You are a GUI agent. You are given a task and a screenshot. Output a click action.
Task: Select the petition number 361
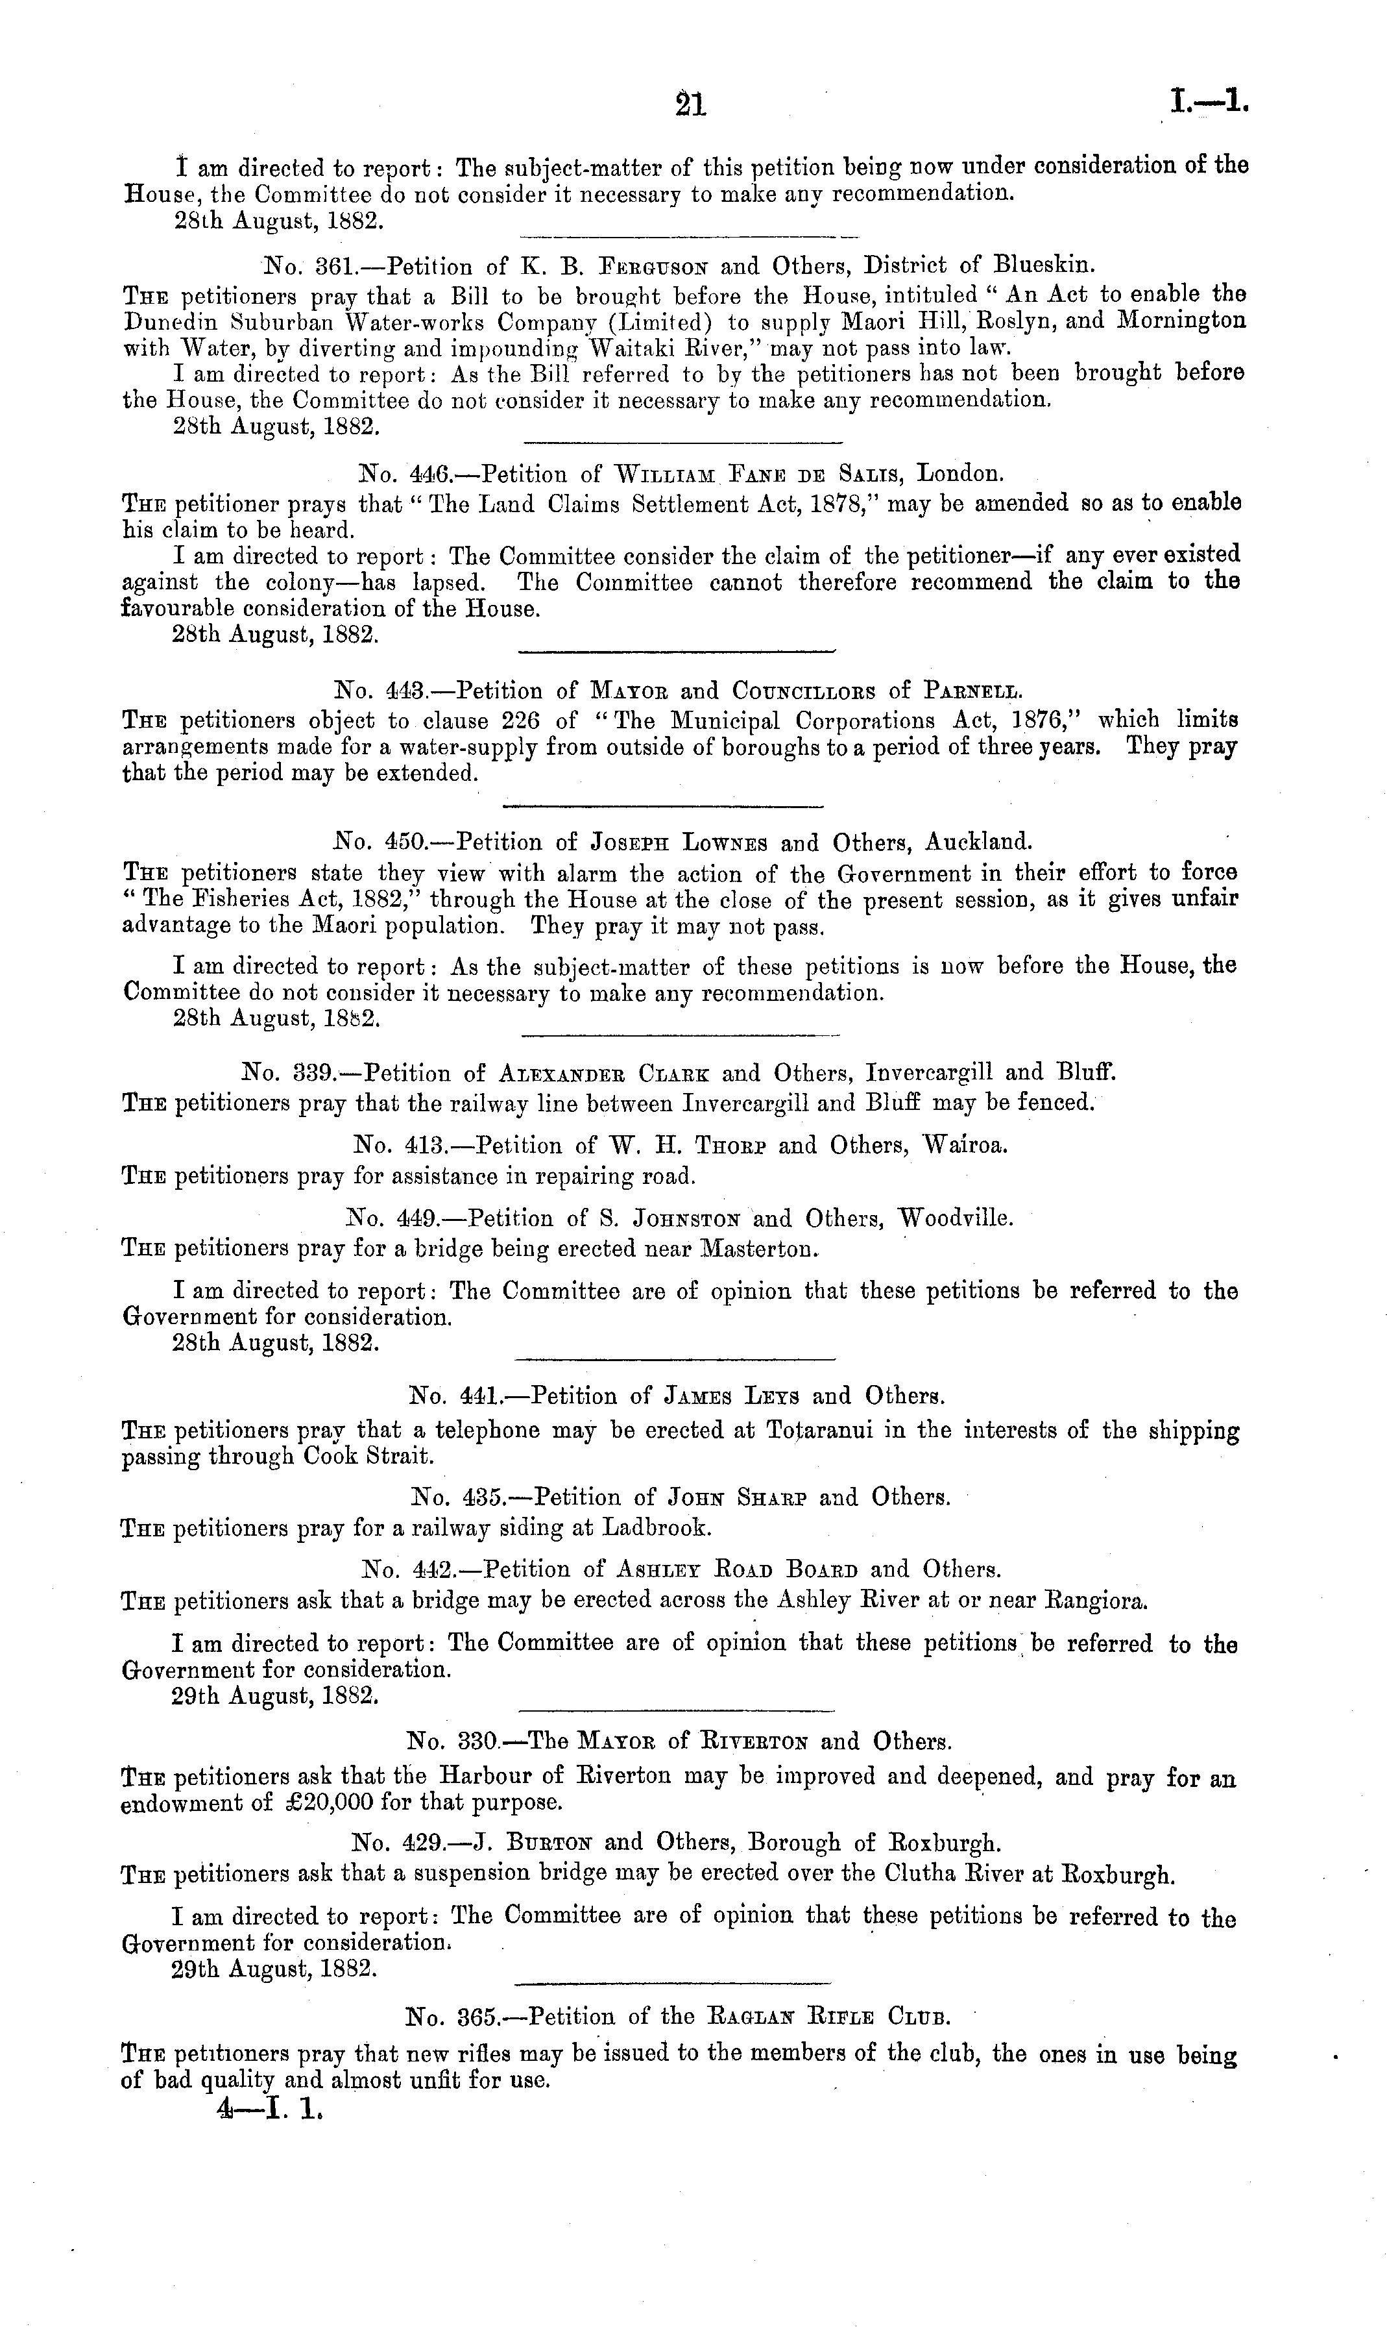tap(332, 266)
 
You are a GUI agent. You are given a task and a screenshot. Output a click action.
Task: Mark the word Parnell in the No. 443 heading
tap(972, 692)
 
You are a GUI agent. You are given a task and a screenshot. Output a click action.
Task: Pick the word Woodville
tap(955, 1219)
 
